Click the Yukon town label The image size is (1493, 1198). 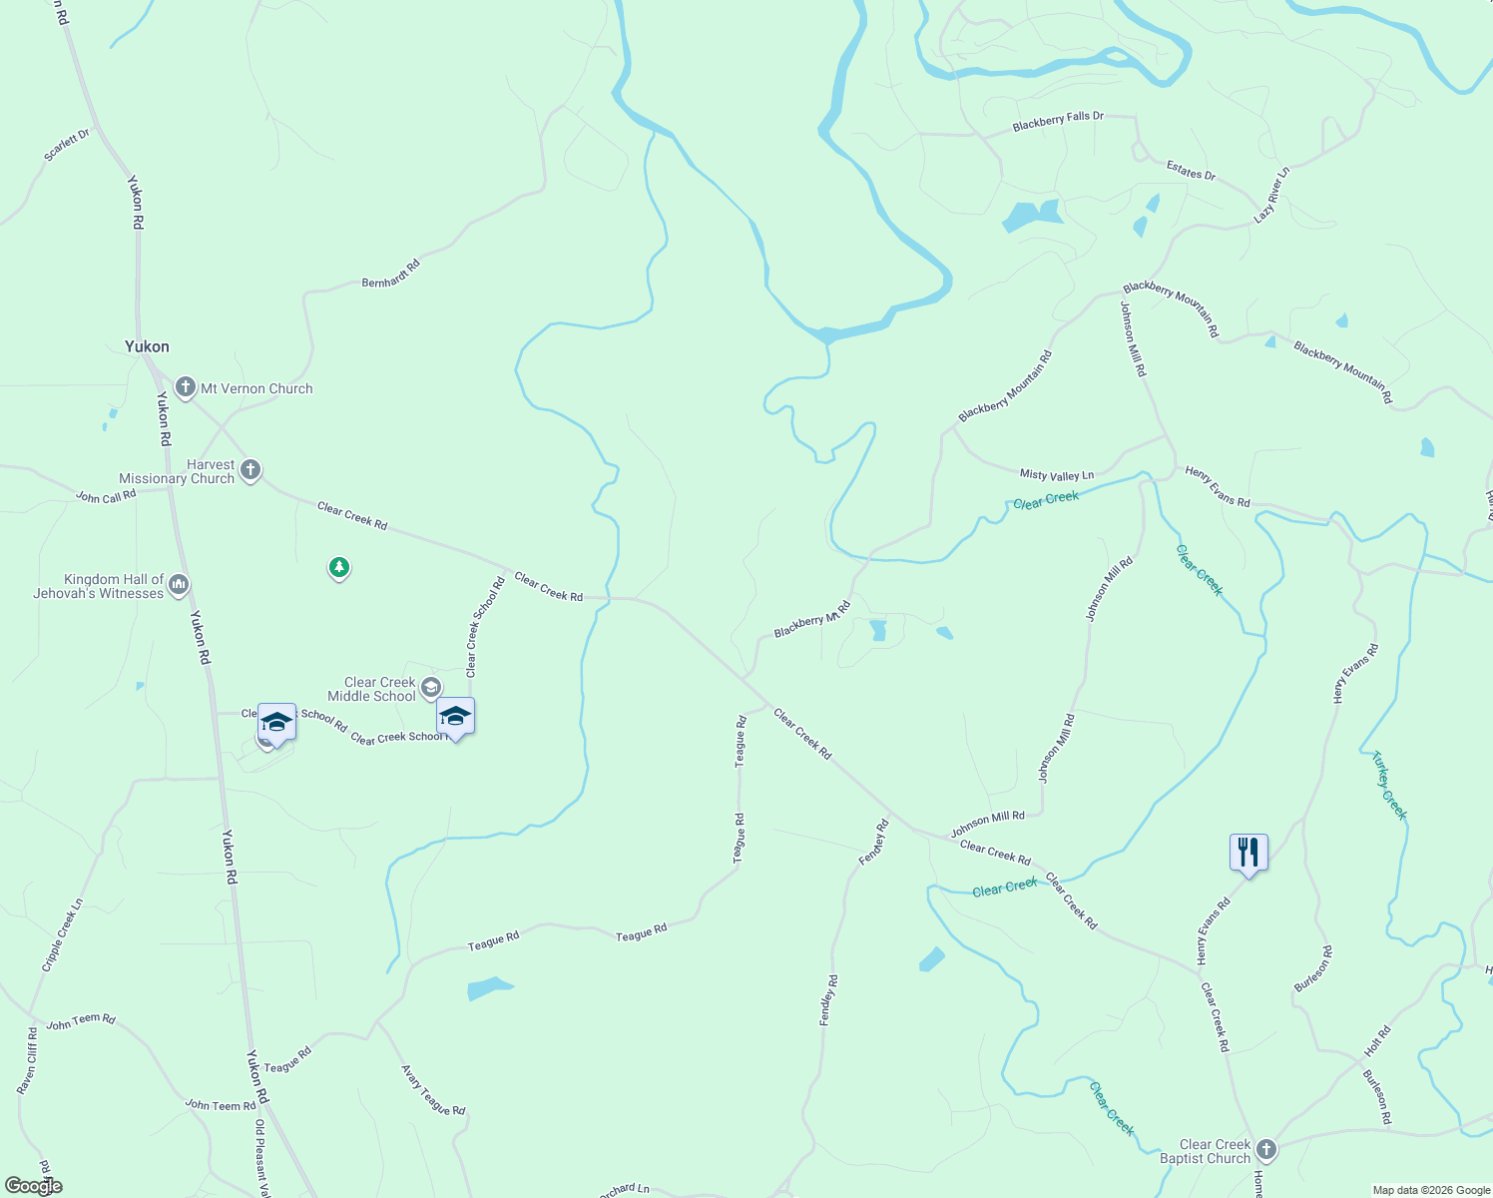pyautogui.click(x=147, y=346)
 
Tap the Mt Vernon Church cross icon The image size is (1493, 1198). pyautogui.click(x=185, y=387)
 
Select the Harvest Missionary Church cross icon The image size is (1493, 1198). pyautogui.click(x=250, y=469)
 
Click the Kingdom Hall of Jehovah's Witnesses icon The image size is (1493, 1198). pyautogui.click(x=179, y=584)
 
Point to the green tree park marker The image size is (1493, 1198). pyautogui.click(x=339, y=568)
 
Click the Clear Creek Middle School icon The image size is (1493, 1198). pyautogui.click(x=431, y=687)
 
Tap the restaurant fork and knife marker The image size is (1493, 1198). pyautogui.click(x=1248, y=853)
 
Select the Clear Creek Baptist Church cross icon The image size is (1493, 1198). pyautogui.click(x=1266, y=1149)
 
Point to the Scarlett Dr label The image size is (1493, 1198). pyautogui.click(x=67, y=146)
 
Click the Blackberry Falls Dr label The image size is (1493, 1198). pyautogui.click(x=1058, y=121)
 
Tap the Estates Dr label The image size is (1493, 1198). pyautogui.click(x=1192, y=172)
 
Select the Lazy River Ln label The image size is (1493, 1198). pyautogui.click(x=1272, y=194)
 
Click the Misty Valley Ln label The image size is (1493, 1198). pyautogui.click(x=1057, y=475)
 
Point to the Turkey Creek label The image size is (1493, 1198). pyautogui.click(x=1389, y=785)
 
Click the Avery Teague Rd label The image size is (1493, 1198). pyautogui.click(x=433, y=1090)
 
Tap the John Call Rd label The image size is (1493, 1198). pyautogui.click(x=106, y=496)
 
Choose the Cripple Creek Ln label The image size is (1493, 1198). pyautogui.click(x=61, y=935)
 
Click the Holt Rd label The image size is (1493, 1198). pyautogui.click(x=1377, y=1041)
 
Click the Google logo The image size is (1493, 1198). pyautogui.click(x=33, y=1186)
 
